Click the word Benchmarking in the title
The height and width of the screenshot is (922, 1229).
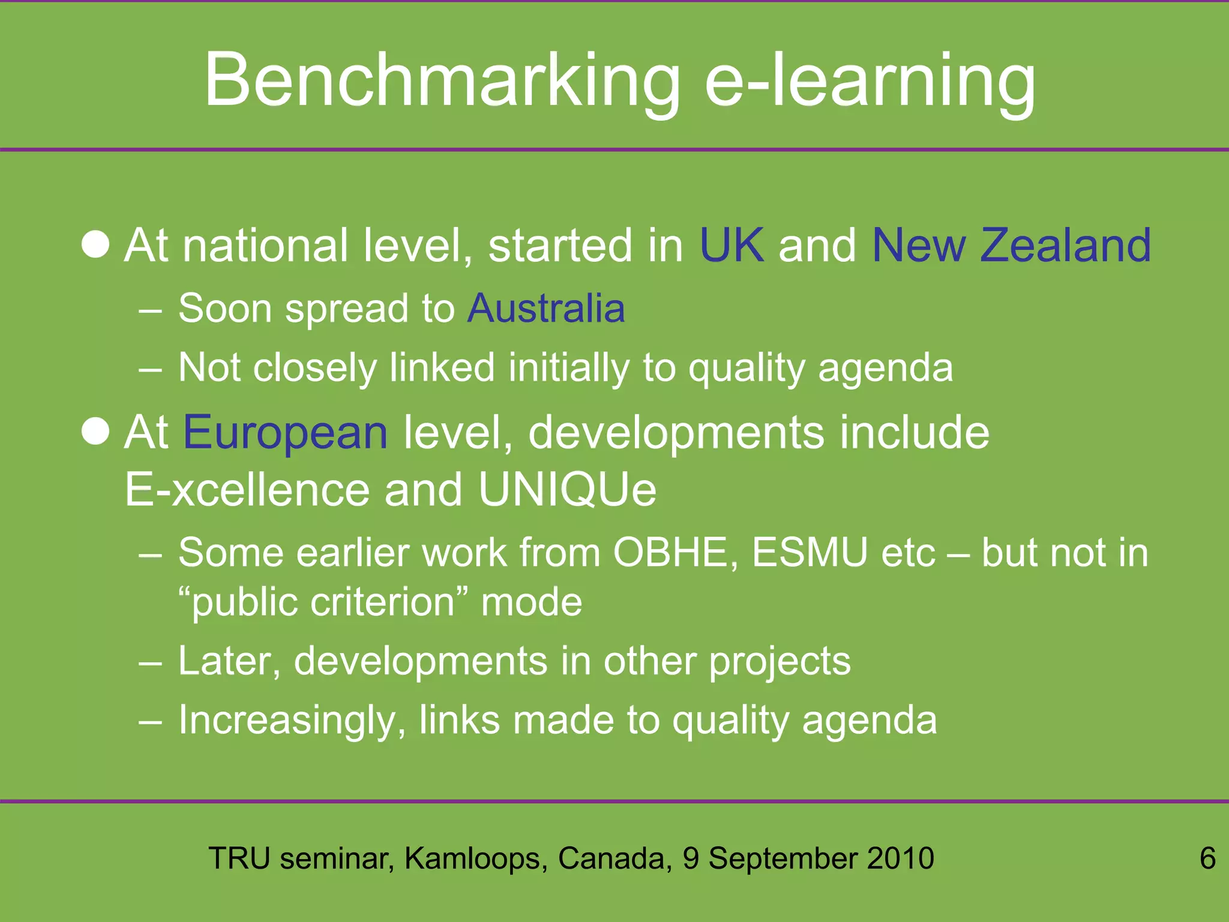point(442,81)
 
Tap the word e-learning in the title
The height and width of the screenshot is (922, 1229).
point(870,81)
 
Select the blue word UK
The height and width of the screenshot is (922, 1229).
point(732,246)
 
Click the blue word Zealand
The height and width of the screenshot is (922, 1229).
point(1065,246)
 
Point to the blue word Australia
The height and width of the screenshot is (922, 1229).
point(546,309)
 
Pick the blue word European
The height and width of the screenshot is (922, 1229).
point(286,432)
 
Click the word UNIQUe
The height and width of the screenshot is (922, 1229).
point(567,490)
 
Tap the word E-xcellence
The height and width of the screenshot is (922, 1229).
point(247,490)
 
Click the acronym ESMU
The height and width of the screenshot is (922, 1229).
point(810,552)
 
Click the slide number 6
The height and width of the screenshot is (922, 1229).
point(1207,858)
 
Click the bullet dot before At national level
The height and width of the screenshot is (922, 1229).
point(95,245)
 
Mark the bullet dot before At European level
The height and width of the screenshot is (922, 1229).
point(95,432)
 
